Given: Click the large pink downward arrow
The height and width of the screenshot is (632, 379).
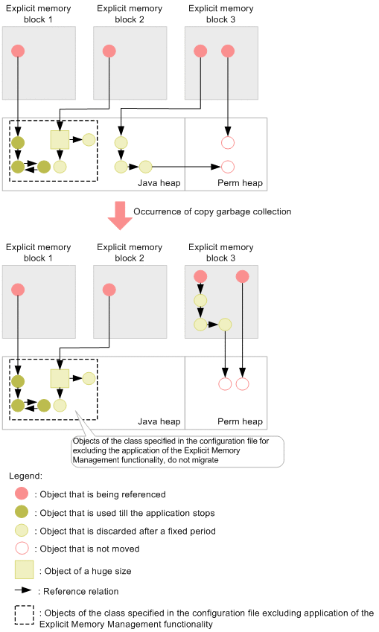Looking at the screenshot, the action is [x=120, y=216].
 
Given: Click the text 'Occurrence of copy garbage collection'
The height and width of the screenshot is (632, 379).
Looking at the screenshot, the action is [x=212, y=211].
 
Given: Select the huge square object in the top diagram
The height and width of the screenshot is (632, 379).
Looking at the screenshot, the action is [x=60, y=140].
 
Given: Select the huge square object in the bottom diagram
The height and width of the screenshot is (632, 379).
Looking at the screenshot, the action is [x=60, y=378].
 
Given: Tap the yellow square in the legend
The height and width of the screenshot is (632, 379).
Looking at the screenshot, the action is [x=24, y=569].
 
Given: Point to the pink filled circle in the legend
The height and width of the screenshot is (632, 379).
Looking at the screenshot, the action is [x=22, y=494].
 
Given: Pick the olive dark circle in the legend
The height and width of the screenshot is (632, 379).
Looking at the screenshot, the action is [x=22, y=512].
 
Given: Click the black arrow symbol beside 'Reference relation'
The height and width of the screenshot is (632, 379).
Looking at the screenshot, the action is [x=23, y=590].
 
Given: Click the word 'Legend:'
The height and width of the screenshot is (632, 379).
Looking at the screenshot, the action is [x=25, y=476].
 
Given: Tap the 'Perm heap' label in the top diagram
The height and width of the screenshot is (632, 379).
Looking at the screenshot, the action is [x=240, y=183].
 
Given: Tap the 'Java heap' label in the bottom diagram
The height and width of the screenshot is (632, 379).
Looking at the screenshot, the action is [x=159, y=421].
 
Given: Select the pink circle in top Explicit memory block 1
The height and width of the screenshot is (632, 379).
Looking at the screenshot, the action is [x=18, y=51].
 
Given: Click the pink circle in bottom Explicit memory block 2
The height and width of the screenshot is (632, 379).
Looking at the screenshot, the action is [x=109, y=290].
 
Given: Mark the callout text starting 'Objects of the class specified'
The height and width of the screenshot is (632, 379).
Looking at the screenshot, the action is [x=171, y=450].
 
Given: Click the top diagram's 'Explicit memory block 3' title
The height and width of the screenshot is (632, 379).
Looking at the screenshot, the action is [x=220, y=14].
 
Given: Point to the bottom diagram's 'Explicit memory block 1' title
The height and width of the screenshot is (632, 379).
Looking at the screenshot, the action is [x=38, y=252].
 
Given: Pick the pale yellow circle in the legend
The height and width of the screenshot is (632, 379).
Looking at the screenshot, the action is [x=22, y=530].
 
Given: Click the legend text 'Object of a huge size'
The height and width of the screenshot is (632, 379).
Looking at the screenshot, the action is [x=88, y=571].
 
